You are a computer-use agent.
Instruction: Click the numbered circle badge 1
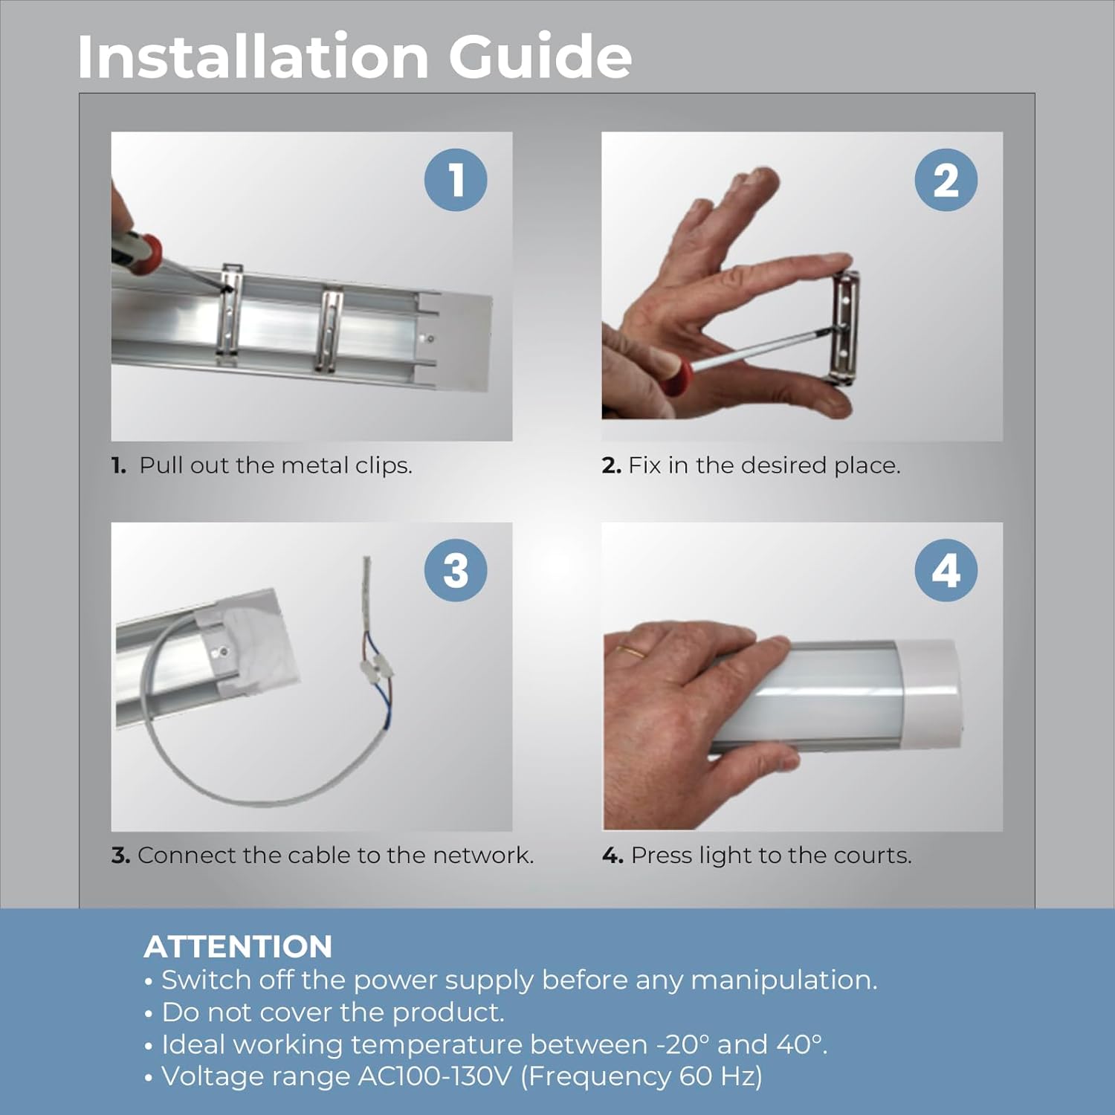456,180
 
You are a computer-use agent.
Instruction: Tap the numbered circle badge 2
946,180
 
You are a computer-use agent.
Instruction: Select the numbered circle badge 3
456,570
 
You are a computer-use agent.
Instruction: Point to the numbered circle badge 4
946,570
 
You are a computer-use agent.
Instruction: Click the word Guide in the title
540,56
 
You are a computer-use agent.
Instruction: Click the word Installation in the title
253,56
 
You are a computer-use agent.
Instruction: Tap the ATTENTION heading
238,946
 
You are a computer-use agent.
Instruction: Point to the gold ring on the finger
632,652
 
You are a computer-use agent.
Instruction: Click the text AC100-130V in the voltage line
436,1076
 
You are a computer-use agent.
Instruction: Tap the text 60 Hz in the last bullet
717,1076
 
